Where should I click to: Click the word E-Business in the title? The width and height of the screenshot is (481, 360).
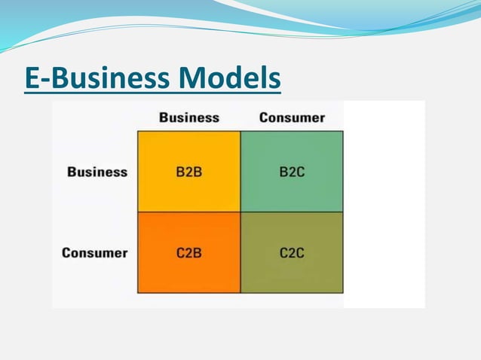pyautogui.click(x=97, y=78)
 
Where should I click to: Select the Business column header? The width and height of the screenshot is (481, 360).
pyautogui.click(x=188, y=117)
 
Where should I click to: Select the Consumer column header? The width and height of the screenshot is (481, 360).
pyautogui.click(x=292, y=117)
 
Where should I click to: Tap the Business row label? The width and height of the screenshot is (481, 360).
pyautogui.click(x=97, y=172)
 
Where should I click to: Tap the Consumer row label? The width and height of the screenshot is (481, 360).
pyautogui.click(x=95, y=252)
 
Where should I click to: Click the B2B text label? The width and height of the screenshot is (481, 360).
pyautogui.click(x=188, y=172)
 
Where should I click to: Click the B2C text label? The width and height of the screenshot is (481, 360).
pyautogui.click(x=292, y=172)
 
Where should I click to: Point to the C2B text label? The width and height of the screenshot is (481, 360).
pyautogui.click(x=188, y=253)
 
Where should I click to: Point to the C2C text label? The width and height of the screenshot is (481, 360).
pyautogui.click(x=292, y=253)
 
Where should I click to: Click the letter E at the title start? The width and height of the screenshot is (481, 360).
pyautogui.click(x=32, y=78)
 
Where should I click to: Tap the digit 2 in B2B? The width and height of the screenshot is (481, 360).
pyautogui.click(x=188, y=172)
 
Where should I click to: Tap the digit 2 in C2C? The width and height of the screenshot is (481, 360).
pyautogui.click(x=292, y=253)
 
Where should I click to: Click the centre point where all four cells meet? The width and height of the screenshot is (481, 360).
pyautogui.click(x=240, y=212)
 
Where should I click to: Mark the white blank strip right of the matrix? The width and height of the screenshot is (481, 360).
pyautogui.click(x=384, y=203)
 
